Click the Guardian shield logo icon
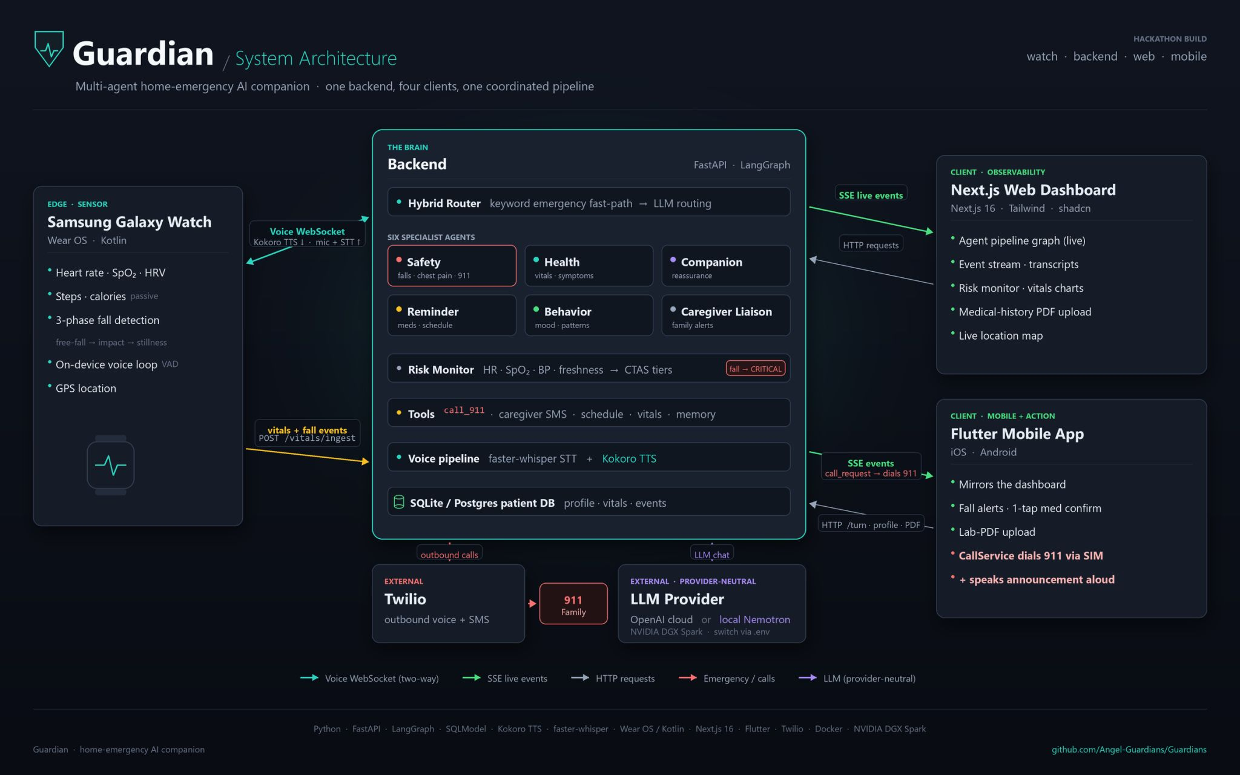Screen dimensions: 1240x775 [x=49, y=48]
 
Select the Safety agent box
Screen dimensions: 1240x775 [x=452, y=266]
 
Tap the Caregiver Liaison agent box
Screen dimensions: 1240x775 [x=725, y=315]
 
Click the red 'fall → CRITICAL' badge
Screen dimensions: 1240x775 [x=755, y=369]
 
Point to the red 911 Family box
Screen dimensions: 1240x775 [x=573, y=604]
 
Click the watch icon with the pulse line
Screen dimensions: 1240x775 [x=110, y=465]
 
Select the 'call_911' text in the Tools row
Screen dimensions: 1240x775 [x=464, y=411]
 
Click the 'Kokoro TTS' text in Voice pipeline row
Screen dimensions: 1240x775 [x=628, y=459]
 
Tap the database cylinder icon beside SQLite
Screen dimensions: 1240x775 [x=398, y=502]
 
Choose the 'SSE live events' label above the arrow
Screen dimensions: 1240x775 [x=871, y=195]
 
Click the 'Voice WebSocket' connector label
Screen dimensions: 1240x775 [x=307, y=231]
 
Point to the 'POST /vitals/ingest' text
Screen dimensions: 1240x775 [x=307, y=438]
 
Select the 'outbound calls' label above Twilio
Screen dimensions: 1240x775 [x=449, y=555]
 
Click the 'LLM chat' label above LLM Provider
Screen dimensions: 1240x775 [x=711, y=555]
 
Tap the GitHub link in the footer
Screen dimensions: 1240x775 [x=1129, y=750]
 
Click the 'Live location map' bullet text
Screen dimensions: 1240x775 [x=1000, y=335]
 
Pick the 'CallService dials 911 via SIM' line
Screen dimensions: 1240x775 [x=1031, y=556]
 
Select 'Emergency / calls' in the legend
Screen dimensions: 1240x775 [x=739, y=679]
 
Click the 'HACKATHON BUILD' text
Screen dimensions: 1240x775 [x=1170, y=39]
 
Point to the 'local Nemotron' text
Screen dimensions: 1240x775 [x=754, y=619]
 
